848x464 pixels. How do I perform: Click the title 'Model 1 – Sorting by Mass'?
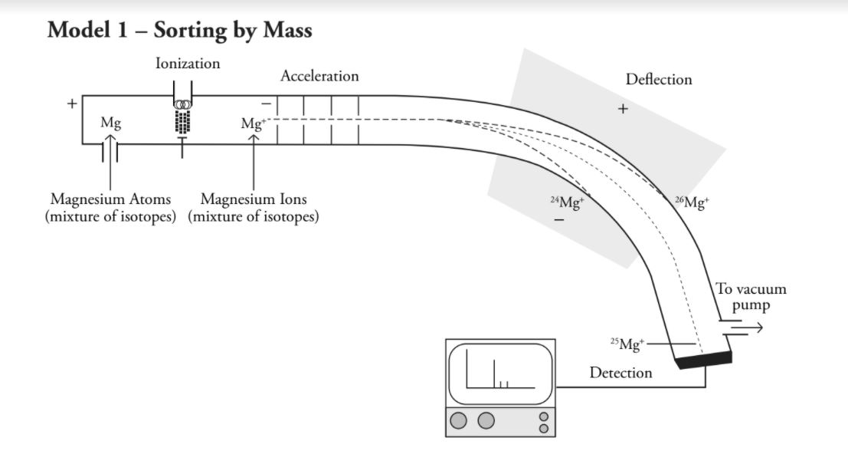[179, 30]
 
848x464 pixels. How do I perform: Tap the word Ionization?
[188, 64]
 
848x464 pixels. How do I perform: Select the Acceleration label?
[319, 76]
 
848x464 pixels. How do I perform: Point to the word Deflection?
[658, 79]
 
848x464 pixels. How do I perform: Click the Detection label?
[620, 373]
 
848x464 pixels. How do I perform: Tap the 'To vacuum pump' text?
[751, 297]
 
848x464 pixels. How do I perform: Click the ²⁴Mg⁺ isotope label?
[567, 202]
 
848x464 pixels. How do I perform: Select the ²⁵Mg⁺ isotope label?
[627, 344]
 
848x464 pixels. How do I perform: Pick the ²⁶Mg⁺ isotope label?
[692, 202]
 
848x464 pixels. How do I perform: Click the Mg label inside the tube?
[110, 122]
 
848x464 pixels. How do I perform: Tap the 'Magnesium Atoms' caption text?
[110, 200]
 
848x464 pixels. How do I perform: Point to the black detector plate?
[704, 359]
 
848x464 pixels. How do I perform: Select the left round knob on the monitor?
[459, 420]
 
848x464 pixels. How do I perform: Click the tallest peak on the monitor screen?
[494, 372]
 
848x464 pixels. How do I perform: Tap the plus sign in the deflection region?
[623, 109]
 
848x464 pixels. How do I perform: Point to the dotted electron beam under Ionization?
[182, 122]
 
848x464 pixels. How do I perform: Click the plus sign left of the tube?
[72, 103]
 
